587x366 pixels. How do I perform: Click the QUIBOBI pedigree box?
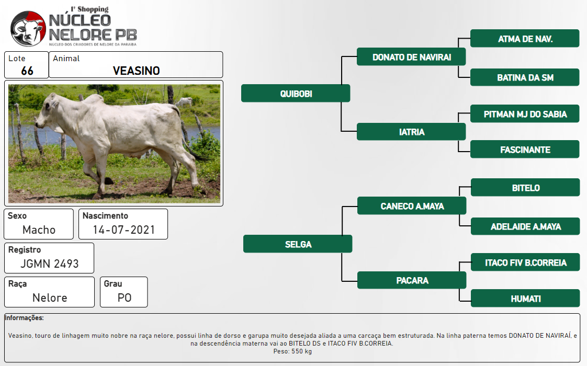coord(296,93)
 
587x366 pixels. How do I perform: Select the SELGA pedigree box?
coord(298,244)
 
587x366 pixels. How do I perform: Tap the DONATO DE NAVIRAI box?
coord(411,57)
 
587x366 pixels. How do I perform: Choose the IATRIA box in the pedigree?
coord(411,132)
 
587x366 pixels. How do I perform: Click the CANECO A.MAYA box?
coord(412,206)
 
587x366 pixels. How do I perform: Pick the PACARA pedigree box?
coord(412,280)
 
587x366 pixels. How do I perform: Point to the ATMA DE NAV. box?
coord(525,39)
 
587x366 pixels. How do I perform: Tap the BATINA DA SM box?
coord(525,77)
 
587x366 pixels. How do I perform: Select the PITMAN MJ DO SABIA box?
coord(525,114)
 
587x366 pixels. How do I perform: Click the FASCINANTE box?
coord(525,150)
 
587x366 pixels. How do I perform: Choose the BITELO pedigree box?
coord(525,188)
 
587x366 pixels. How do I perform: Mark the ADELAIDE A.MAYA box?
coord(525,226)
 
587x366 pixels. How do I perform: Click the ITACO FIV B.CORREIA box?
coord(525,262)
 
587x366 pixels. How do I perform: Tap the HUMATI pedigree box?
coord(525,298)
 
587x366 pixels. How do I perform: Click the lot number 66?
coord(27,71)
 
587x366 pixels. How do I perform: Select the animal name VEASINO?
coord(136,71)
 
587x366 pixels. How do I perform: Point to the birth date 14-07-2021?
coord(124,230)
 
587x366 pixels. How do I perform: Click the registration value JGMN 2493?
coord(49,264)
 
